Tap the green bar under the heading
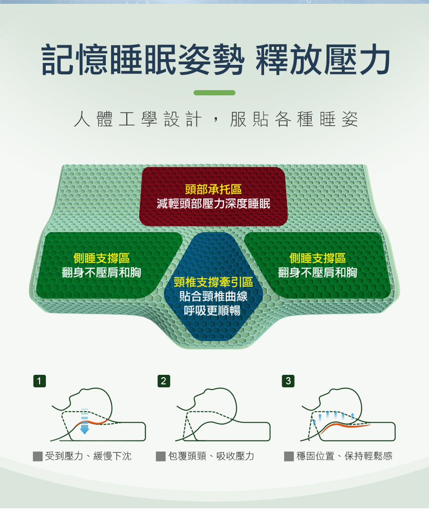214,93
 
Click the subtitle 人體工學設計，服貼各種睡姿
215,120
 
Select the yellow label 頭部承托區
214,189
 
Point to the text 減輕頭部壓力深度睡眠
214,204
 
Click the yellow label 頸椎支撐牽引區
214,282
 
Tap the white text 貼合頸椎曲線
214,296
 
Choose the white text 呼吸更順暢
214,311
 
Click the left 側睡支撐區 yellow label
102,258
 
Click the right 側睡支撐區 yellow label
318,258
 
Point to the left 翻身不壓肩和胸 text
102,273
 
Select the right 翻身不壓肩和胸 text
318,273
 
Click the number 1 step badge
41,381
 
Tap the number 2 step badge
163,381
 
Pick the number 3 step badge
288,381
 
